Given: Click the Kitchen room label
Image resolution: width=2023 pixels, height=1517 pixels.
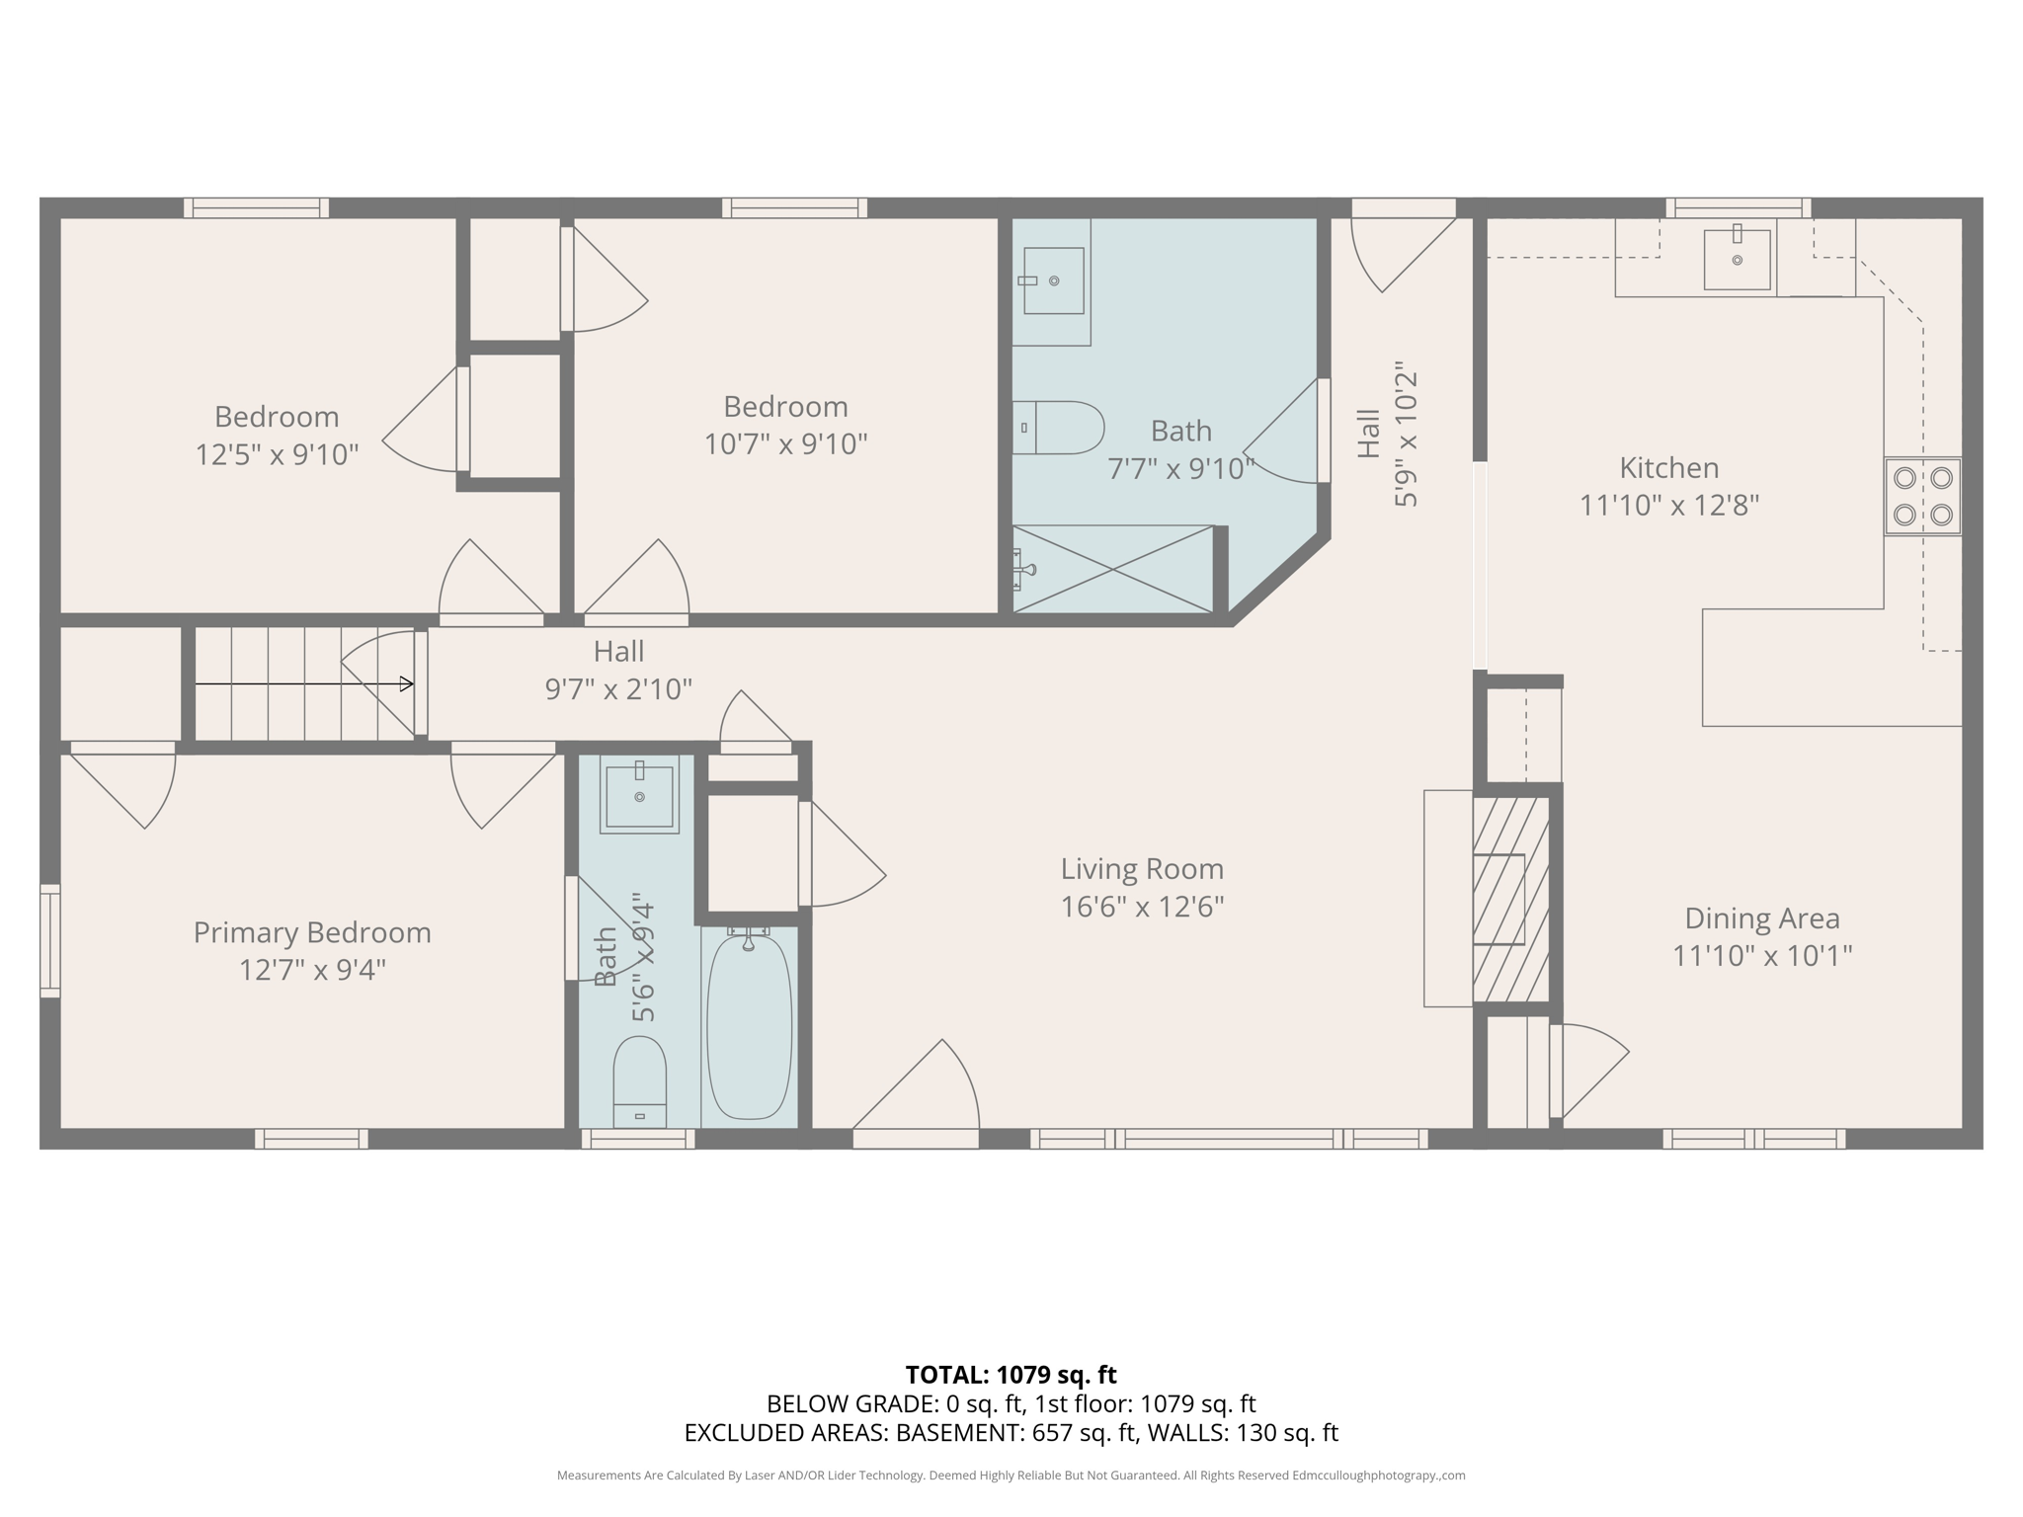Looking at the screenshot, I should pos(1668,467).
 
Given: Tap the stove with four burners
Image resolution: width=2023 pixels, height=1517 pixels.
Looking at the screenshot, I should pos(1921,496).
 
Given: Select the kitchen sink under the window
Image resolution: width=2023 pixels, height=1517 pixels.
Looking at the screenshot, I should pos(1737,259).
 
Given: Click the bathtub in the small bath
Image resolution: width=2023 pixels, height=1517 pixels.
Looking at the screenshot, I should pos(749,1027).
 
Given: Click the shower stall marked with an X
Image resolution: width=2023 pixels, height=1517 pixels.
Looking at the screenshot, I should pos(1112,570).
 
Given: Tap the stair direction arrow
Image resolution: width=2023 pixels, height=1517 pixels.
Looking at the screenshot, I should pos(304,683).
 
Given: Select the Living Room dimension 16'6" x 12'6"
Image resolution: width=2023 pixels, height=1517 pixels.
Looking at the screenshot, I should pos(1142,907).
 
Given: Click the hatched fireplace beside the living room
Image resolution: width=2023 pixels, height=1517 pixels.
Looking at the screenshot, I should pos(1510,899).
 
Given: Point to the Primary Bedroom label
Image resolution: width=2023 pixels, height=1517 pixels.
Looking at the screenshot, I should pos(312,932).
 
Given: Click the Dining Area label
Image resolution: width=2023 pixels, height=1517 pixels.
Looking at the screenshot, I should pos(1761,918).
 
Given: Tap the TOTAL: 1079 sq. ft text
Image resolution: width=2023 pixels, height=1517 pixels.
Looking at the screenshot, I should pos(1011,1375).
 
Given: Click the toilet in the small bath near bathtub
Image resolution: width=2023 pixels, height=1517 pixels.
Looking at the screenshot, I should pos(639,1081).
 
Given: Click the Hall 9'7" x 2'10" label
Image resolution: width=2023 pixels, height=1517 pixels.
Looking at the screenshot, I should pos(618,670).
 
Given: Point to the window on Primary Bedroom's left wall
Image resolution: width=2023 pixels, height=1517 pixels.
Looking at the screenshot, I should pos(49,940).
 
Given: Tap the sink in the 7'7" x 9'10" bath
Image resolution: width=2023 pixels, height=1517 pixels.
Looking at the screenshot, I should pos(1052,280).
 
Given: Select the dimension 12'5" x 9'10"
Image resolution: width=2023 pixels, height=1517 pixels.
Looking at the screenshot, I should pos(277,454).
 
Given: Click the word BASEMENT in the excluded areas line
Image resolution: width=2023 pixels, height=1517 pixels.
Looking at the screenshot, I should pos(959,1432).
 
